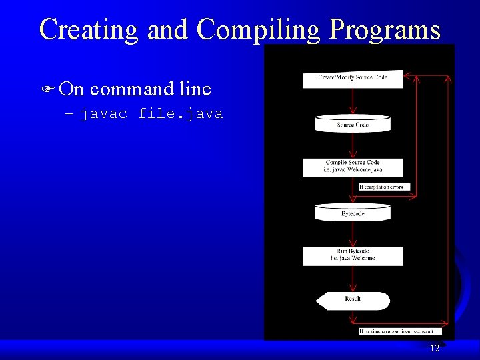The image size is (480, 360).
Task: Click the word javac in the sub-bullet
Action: point(103,114)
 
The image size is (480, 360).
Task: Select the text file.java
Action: point(180,114)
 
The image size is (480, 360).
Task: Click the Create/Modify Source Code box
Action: point(353,79)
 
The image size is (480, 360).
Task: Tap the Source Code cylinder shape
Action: point(353,124)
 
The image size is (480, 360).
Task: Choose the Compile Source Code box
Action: point(353,167)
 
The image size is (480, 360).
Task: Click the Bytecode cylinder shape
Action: point(353,213)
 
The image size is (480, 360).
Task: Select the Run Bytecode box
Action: point(353,256)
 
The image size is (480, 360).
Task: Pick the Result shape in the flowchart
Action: point(353,300)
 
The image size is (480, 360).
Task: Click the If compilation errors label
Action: point(385,187)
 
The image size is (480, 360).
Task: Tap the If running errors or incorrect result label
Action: point(396,331)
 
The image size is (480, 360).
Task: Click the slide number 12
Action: point(434,348)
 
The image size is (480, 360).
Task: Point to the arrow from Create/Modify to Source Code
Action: point(353,101)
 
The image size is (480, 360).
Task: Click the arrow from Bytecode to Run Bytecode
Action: point(353,234)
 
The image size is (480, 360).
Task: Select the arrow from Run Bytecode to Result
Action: point(353,279)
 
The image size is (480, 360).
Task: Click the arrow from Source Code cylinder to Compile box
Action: point(353,145)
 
